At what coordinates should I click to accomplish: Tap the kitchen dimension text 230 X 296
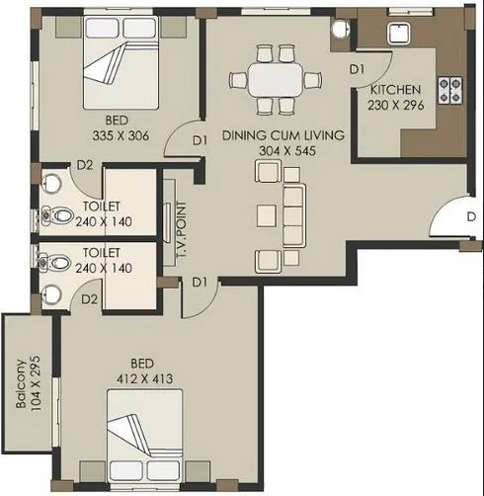point(395,105)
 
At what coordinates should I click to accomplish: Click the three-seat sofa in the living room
point(294,211)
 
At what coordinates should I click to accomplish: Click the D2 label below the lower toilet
point(89,297)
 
